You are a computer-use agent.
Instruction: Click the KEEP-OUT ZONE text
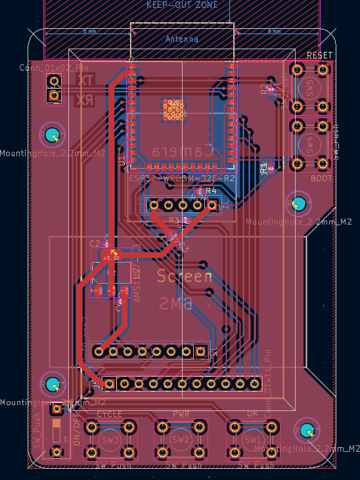click(x=182, y=5)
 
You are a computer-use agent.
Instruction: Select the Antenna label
click(x=182, y=39)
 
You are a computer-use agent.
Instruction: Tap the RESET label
click(x=320, y=56)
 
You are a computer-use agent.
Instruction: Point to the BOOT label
click(x=321, y=178)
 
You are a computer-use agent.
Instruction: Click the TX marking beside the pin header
click(x=85, y=80)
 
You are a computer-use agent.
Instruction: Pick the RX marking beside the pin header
click(x=85, y=99)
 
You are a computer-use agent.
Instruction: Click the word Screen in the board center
click(x=185, y=276)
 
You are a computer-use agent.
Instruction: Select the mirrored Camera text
click(x=183, y=150)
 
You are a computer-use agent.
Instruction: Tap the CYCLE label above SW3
click(x=110, y=414)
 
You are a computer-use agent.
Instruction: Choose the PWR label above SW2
click(x=181, y=414)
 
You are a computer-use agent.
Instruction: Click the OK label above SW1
click(x=253, y=414)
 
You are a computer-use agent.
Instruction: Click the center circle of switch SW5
click(x=309, y=87)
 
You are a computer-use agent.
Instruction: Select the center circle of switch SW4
click(x=309, y=143)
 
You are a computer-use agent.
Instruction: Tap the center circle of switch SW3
click(x=110, y=439)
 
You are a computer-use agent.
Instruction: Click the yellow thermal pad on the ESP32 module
click(x=173, y=109)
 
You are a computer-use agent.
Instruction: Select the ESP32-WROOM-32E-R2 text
click(x=183, y=179)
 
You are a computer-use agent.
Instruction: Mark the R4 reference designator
click(x=211, y=190)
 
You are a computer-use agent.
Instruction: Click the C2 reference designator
click(x=94, y=244)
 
